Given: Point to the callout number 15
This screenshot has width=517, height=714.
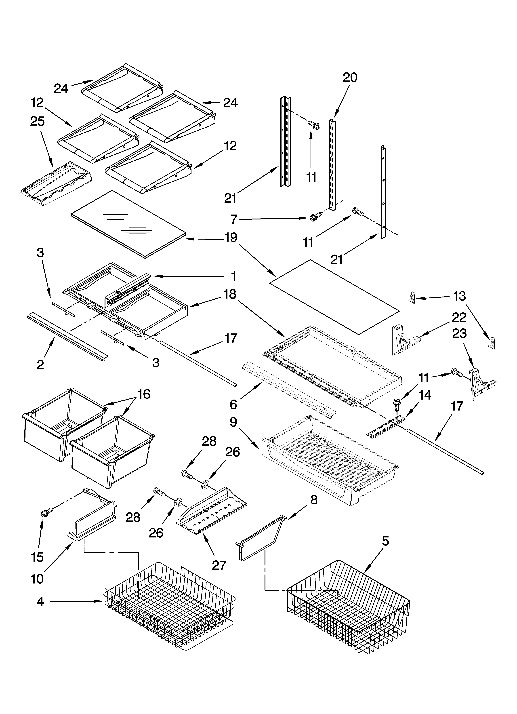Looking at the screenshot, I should [x=37, y=557].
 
